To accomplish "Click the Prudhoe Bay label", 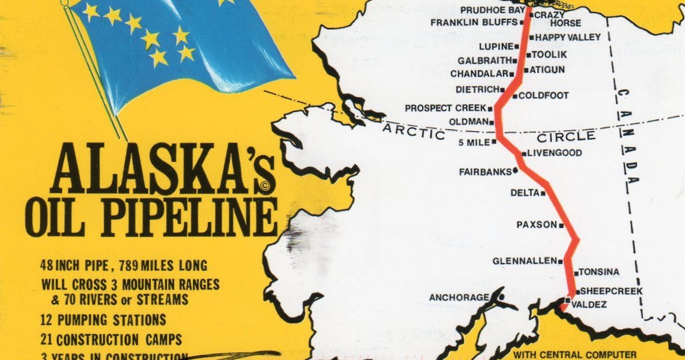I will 492,10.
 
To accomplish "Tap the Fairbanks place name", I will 485,172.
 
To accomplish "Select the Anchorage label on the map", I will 459,298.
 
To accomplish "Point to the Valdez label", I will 589,304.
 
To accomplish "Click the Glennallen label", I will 524,261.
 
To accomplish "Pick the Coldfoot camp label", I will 543,96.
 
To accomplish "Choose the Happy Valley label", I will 560,37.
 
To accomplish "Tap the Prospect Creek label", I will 445,108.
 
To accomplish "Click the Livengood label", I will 555,153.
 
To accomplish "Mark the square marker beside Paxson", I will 562,224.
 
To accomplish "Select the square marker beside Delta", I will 543,193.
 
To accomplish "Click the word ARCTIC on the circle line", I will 414,132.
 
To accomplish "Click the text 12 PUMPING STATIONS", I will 103,320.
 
